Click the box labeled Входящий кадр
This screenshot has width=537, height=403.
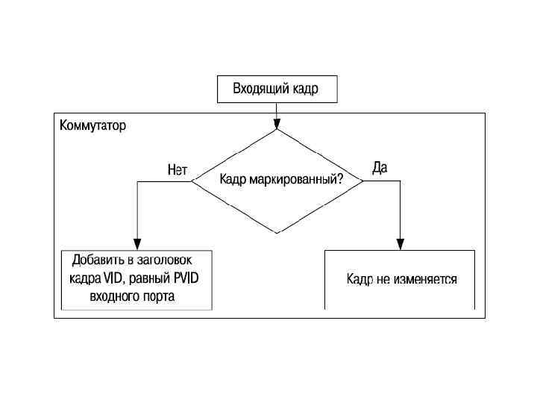tap(277, 90)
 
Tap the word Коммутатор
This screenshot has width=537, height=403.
tap(92, 125)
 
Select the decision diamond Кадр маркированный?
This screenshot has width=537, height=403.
tap(277, 181)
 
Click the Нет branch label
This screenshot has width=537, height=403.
tap(178, 170)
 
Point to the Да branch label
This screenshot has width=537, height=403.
tap(380, 168)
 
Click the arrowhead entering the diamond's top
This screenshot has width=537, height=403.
tap(277, 125)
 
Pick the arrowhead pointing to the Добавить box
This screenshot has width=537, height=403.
tap(136, 244)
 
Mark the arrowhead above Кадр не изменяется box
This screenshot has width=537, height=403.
tap(401, 243)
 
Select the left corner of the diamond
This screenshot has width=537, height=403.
tap(193, 181)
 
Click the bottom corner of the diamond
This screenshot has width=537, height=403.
tap(277, 232)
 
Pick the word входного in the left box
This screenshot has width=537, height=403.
tap(113, 296)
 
